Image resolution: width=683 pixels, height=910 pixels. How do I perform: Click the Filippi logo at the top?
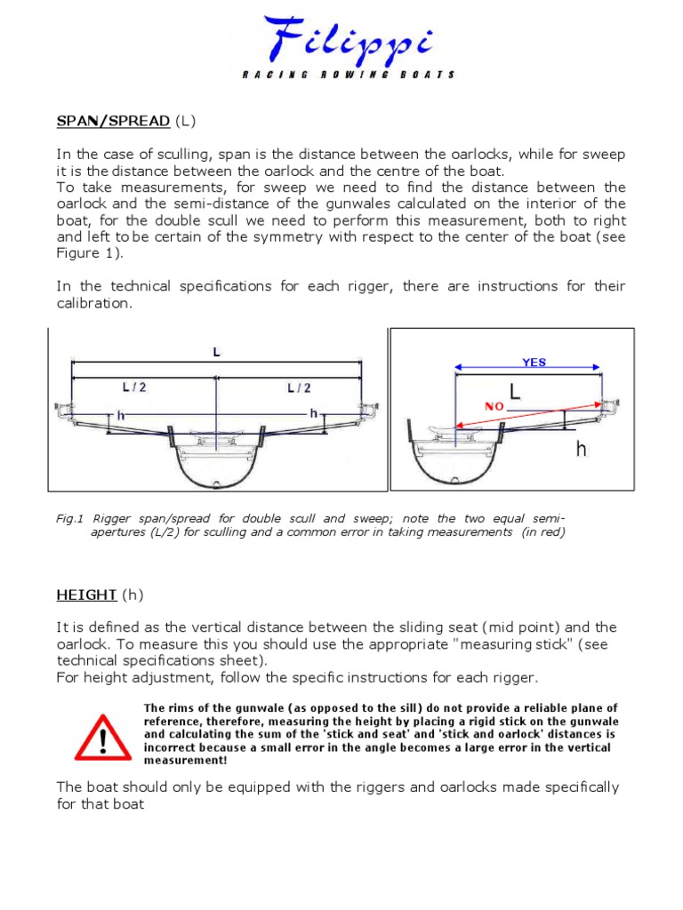[x=341, y=40]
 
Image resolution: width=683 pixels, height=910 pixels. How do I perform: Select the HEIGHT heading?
[x=86, y=594]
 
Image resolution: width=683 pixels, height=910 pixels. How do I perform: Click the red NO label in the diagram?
[x=494, y=405]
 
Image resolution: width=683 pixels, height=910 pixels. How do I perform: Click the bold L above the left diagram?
[x=215, y=352]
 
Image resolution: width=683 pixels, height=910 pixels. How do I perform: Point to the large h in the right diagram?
[x=582, y=450]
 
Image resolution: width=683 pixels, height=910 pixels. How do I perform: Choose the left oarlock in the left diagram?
[x=64, y=411]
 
